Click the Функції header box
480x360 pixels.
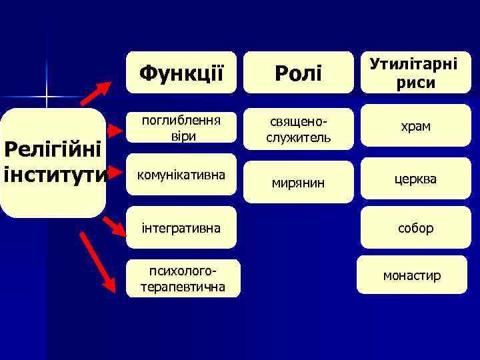[x=181, y=73]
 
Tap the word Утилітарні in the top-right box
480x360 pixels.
[x=413, y=65]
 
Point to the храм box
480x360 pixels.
[x=415, y=126]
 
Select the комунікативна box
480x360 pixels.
[x=181, y=175]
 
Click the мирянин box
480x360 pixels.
[x=298, y=181]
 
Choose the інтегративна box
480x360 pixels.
[x=181, y=228]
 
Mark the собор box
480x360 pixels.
[x=415, y=228]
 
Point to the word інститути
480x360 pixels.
[x=55, y=175]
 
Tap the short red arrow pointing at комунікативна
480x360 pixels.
[x=117, y=175]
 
